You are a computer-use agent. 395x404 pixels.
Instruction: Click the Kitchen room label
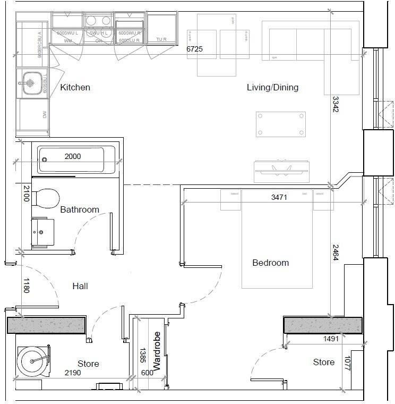[x=75, y=87]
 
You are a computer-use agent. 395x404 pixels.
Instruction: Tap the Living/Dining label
[x=272, y=87]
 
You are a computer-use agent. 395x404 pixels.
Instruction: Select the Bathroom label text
[x=80, y=209]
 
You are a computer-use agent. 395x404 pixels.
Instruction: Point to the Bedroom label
[x=270, y=263]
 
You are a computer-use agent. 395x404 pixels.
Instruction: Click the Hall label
[x=80, y=286]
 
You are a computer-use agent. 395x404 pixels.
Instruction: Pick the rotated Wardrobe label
[x=157, y=351]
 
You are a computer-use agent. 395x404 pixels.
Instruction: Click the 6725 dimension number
[x=194, y=49]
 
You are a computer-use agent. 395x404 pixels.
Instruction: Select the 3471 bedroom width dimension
[x=279, y=197]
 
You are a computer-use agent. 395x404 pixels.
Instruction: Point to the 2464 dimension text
[x=336, y=252]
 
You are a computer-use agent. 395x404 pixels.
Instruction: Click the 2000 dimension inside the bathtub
[x=73, y=156]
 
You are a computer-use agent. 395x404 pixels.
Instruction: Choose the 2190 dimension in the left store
[x=73, y=373]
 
